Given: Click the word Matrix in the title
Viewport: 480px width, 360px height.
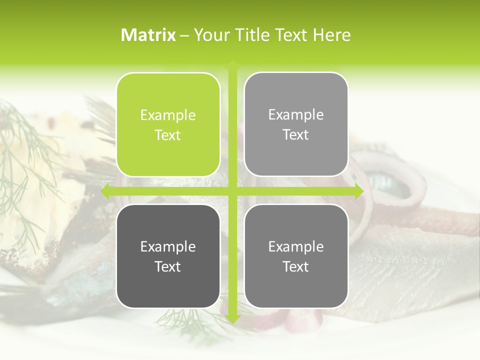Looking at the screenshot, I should click(148, 35).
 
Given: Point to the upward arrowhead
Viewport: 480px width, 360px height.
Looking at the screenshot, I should click(232, 65).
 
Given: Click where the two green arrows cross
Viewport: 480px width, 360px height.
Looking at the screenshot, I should click(232, 191).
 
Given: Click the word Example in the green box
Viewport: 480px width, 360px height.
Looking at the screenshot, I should click(168, 115).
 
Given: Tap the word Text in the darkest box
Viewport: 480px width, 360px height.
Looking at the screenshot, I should click(168, 266).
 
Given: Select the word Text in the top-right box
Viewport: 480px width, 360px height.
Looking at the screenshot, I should click(296, 134).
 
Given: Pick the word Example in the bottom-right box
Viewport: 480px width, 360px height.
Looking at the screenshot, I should click(296, 246).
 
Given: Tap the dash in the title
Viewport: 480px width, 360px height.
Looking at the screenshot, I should click(185, 35).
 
